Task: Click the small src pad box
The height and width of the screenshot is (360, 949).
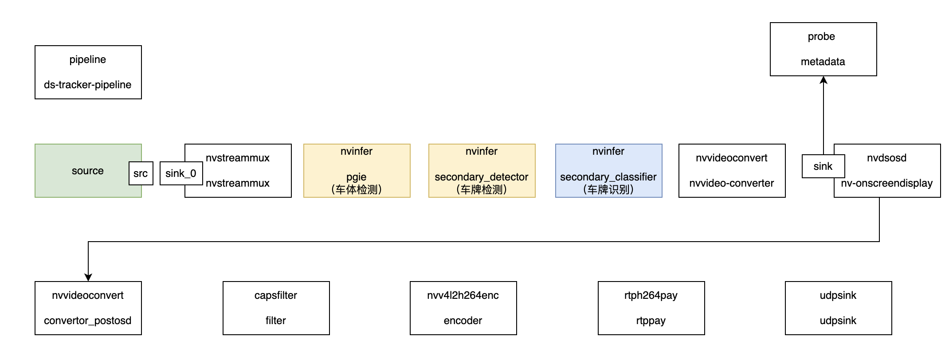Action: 141,173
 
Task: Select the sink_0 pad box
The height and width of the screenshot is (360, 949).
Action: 180,173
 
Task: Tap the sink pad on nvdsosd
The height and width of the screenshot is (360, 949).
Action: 823,166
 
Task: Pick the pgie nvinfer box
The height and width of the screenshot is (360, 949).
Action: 357,171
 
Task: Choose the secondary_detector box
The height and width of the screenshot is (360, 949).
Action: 482,171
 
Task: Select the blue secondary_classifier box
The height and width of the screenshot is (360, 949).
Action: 608,171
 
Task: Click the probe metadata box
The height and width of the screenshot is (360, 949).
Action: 823,49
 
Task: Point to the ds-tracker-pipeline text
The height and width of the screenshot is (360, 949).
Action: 87,85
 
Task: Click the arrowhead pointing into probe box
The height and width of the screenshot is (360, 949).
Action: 824,80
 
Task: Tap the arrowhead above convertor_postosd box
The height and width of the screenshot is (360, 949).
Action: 88,277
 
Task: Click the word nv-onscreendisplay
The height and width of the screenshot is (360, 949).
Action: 886,183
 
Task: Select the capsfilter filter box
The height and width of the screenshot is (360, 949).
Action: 276,308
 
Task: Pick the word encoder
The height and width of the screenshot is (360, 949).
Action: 463,321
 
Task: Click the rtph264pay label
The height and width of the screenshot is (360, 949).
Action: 651,295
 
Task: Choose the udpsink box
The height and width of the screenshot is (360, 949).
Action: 838,308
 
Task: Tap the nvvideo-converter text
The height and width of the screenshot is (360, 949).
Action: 731,183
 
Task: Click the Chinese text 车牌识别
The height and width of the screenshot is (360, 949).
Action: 608,190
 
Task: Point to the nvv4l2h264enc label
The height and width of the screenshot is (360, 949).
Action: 463,295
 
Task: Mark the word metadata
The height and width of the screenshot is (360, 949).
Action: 823,62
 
